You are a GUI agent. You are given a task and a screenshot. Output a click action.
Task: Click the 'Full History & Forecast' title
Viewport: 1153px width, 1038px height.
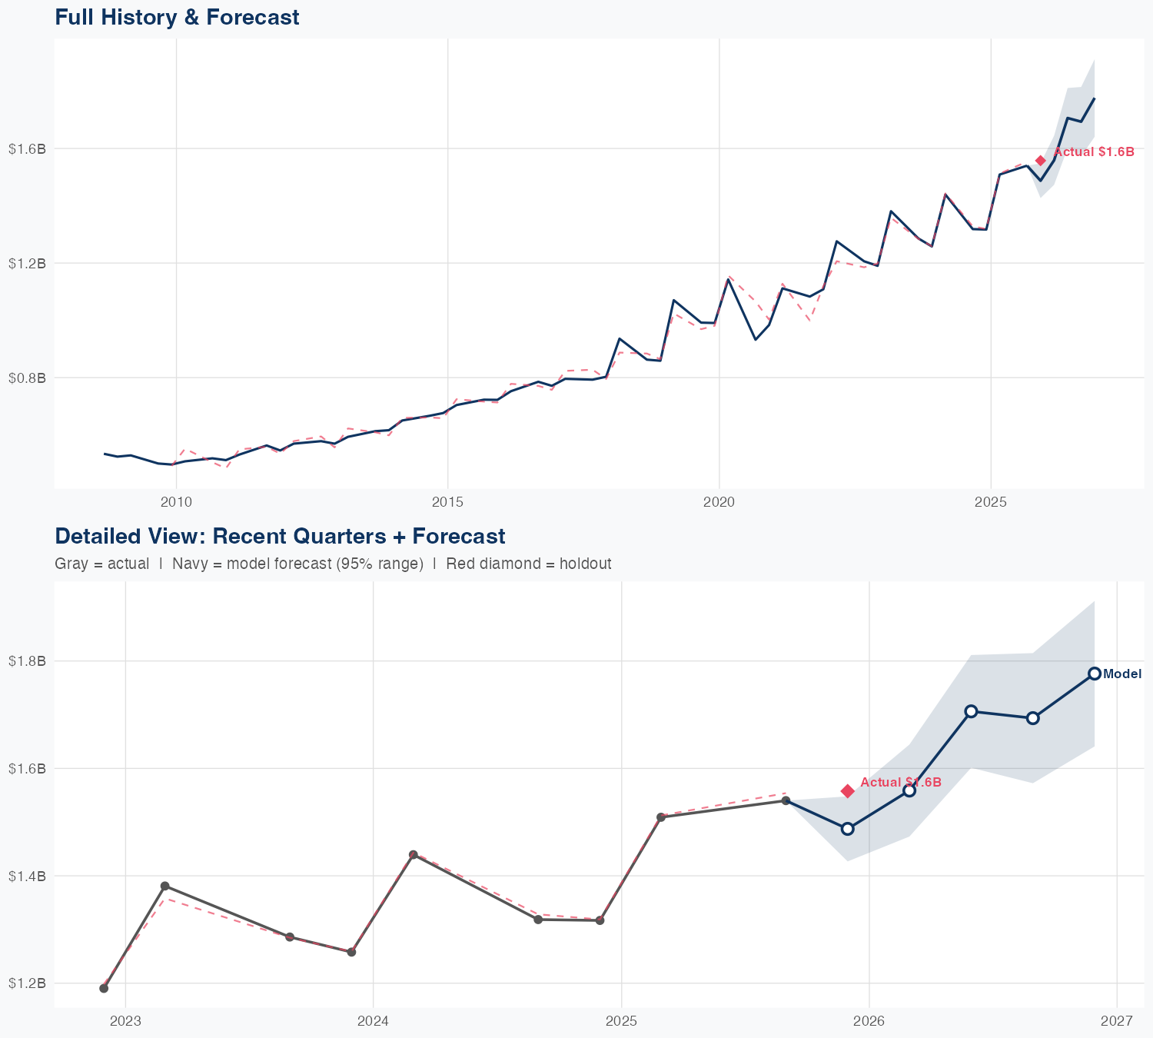[177, 17]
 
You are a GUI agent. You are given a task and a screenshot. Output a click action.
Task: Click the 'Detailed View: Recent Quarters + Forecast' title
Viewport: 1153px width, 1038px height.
[280, 536]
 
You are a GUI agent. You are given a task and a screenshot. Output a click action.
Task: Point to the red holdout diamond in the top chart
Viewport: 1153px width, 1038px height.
[1041, 160]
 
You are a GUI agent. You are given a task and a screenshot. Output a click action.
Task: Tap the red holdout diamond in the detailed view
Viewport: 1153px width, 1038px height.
[848, 791]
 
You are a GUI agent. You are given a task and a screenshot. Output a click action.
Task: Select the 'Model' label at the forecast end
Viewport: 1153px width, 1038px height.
[1122, 674]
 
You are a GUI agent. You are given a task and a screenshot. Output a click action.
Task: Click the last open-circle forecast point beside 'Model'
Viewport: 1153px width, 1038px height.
[1095, 674]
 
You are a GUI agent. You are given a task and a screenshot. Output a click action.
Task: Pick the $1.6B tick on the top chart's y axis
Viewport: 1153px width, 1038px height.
[28, 149]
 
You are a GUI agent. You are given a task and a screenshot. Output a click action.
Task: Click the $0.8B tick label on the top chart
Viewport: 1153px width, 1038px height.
[28, 378]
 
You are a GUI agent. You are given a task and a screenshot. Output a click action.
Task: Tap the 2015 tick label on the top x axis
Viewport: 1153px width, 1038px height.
[447, 502]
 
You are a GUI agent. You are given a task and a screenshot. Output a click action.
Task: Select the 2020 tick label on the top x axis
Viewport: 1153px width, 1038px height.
[719, 502]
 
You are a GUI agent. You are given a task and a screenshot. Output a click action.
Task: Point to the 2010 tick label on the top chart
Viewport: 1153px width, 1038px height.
[176, 502]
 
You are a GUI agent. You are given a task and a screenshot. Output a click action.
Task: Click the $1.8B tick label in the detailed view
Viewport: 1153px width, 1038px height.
[28, 661]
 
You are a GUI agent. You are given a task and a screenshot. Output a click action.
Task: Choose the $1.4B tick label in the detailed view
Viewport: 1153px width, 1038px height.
[28, 876]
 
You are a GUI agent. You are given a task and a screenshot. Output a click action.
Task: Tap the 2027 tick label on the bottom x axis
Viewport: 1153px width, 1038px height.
[1117, 1021]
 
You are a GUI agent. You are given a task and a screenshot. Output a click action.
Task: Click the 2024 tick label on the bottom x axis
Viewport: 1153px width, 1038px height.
[373, 1021]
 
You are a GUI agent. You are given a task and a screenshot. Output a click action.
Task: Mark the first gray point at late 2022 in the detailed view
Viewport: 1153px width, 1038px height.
[104, 988]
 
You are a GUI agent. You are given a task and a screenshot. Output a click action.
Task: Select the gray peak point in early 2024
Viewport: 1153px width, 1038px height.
[414, 855]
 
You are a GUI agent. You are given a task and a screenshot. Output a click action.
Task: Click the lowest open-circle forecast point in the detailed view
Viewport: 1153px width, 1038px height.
[848, 829]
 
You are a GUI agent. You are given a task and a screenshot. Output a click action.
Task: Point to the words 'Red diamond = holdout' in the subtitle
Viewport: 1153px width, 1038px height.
[529, 564]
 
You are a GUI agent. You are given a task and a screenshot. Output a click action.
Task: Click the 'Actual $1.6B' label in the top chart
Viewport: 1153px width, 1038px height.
[1094, 152]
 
